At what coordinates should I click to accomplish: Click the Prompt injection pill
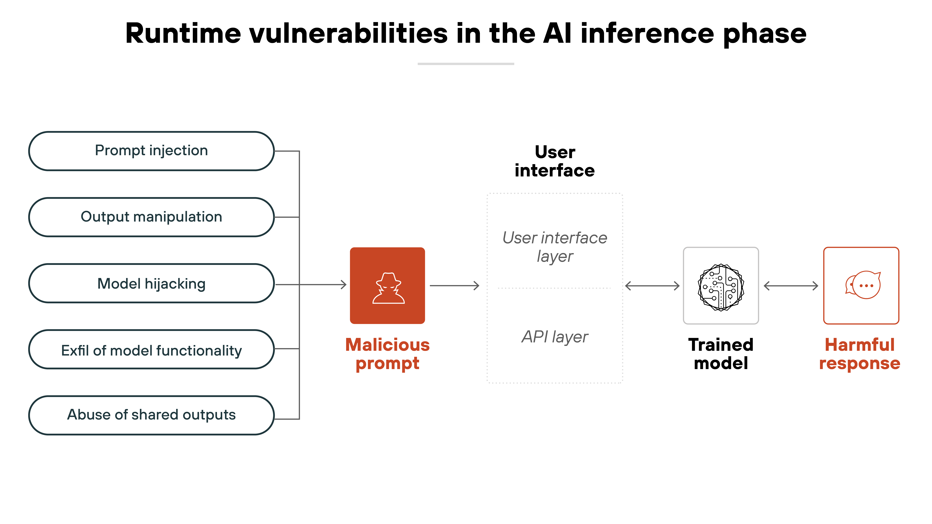151,151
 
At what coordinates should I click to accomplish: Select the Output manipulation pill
151,217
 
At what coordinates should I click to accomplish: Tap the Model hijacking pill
151,284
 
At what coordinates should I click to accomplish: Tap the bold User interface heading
555,161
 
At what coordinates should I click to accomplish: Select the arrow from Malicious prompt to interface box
454,286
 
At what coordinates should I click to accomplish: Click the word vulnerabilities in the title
348,34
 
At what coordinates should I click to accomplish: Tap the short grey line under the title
466,64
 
